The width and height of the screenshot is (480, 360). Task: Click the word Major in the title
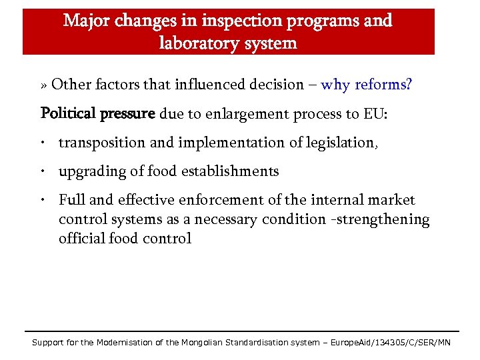87,20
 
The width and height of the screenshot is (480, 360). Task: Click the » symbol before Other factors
44,85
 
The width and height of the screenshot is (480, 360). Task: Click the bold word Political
69,113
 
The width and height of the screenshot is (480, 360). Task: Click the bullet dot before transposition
42,143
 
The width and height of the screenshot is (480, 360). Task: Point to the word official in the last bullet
81,238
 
